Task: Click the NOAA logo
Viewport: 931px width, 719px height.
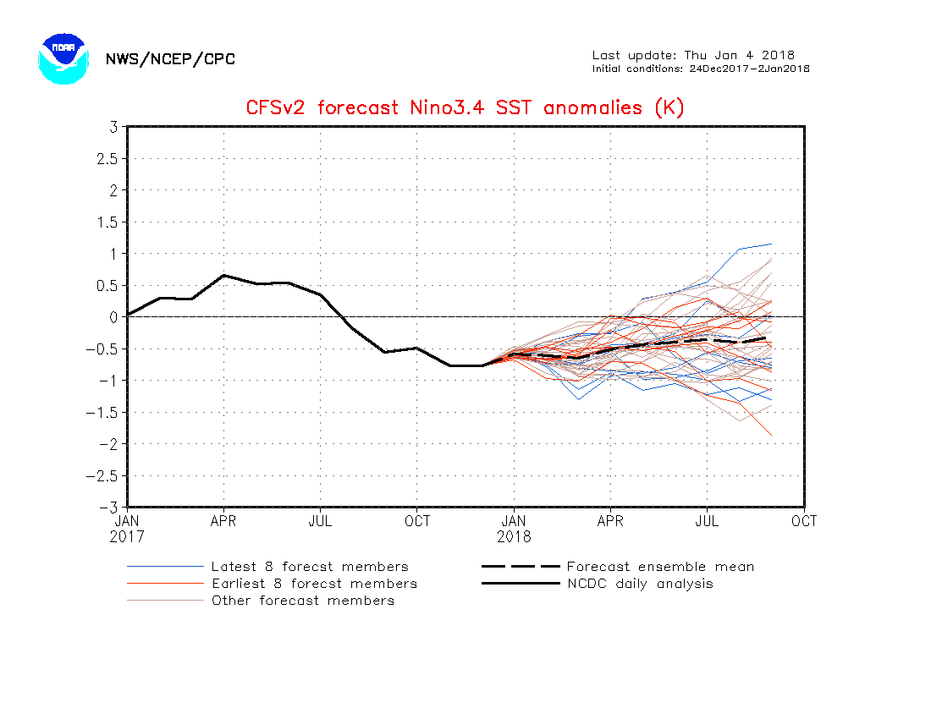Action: (63, 58)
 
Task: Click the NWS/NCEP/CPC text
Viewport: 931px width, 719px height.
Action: (170, 59)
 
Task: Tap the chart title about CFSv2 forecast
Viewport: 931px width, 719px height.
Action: (465, 107)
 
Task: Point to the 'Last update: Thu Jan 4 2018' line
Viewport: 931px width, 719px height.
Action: (693, 55)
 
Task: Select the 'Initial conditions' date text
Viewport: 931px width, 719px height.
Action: (701, 69)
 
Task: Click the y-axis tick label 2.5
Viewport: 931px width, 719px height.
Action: (106, 158)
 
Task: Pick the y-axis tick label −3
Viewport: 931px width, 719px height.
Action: (108, 508)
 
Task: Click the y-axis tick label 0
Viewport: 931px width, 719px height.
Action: (112, 317)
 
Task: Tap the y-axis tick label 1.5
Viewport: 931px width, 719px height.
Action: (106, 222)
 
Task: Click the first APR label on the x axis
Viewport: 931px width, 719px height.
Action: (223, 521)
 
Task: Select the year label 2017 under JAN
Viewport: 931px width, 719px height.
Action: (127, 536)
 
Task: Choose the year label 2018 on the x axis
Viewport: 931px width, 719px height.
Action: (514, 536)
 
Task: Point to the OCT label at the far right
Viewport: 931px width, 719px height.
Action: (804, 521)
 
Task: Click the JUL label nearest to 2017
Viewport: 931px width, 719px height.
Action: (320, 521)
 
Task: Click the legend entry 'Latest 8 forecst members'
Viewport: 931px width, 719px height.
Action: (310, 567)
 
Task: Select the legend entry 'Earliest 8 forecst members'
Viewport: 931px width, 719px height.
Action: (314, 584)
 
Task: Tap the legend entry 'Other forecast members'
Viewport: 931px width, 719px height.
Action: (303, 601)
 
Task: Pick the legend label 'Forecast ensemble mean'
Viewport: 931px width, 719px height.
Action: (660, 567)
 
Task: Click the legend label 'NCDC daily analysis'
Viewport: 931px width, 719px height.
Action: (640, 584)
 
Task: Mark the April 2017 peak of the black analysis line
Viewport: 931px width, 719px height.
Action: (223, 275)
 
